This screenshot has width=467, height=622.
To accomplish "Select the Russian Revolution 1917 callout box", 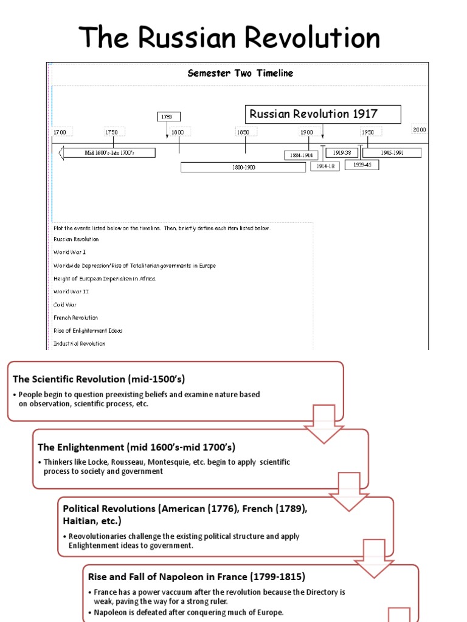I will (323, 114).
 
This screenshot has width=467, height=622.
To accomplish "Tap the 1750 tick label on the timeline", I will (112, 132).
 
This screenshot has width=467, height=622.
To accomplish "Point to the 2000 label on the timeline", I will (420, 129).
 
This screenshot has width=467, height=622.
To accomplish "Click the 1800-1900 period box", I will (243, 167).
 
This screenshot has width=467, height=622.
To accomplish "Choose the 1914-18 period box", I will (325, 166).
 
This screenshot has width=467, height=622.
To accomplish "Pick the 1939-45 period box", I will (362, 164).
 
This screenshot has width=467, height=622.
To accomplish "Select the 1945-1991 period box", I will (392, 152).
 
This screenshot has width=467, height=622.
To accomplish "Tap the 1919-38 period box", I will (342, 152).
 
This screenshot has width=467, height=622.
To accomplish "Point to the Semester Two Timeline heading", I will (240, 73).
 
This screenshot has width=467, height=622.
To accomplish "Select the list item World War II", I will (71, 292).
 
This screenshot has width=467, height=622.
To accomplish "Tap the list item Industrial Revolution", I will (79, 344).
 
